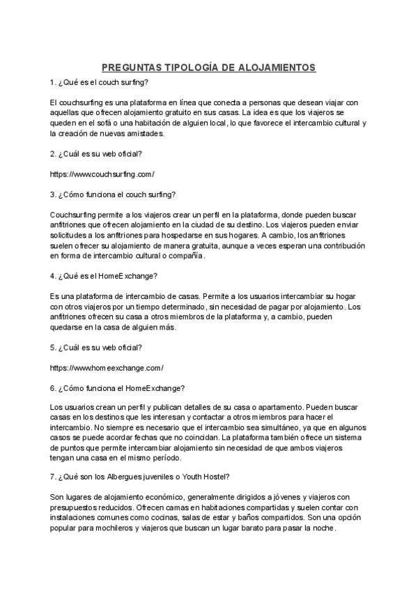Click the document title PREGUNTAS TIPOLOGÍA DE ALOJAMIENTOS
coord(209,68)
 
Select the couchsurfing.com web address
coord(102,174)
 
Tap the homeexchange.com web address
coord(107,367)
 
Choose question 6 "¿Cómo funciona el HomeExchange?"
coord(118,387)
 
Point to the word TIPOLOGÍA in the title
coord(182,68)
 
